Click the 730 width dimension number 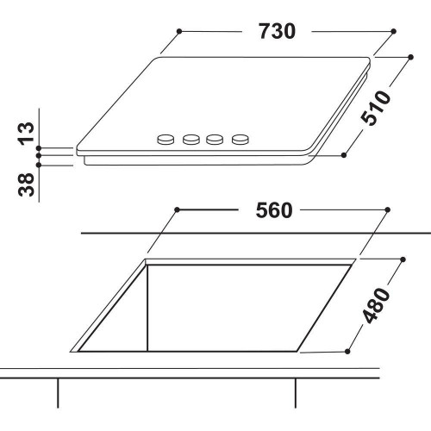coord(278,32)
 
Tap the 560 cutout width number coord(274,209)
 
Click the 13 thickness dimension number coord(27,133)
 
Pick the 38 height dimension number coord(27,184)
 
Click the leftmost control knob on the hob coord(164,138)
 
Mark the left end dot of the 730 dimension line coord(178,32)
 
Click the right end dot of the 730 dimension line coord(393,32)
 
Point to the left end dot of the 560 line coord(175,209)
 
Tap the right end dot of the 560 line coord(388,209)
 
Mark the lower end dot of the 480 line coord(347,350)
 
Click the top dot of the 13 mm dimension coord(39,147)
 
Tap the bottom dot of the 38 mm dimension coord(39,162)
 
